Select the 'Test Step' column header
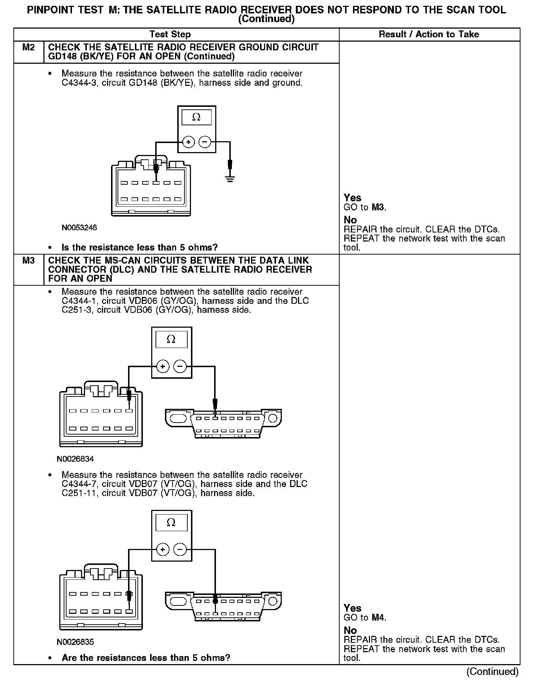(170, 34)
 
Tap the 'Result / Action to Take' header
(429, 34)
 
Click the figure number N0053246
(79, 228)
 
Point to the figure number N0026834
(75, 459)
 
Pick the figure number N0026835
(75, 642)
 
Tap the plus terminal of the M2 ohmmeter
(188, 142)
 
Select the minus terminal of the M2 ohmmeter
(205, 142)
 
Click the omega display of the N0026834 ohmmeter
(171, 340)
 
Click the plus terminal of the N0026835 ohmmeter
(163, 550)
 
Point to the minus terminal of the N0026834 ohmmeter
(180, 367)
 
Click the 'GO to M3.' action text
(365, 207)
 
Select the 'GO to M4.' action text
(365, 618)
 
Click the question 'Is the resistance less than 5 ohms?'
(140, 248)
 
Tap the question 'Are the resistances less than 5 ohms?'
(146, 658)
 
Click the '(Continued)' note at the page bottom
(492, 672)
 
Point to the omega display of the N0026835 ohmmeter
(171, 523)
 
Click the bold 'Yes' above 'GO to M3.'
(352, 198)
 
